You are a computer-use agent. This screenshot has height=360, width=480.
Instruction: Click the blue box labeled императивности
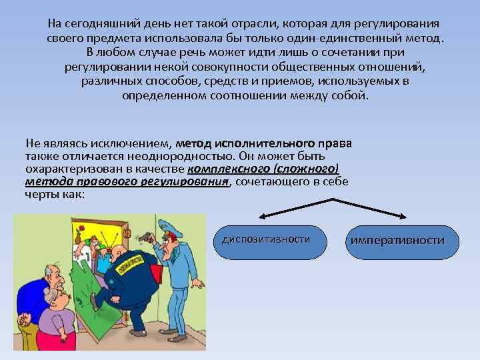click(x=403, y=240)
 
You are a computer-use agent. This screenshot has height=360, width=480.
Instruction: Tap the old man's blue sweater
click(x=30, y=293)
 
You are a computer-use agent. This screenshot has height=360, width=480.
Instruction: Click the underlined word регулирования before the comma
click(x=185, y=182)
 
